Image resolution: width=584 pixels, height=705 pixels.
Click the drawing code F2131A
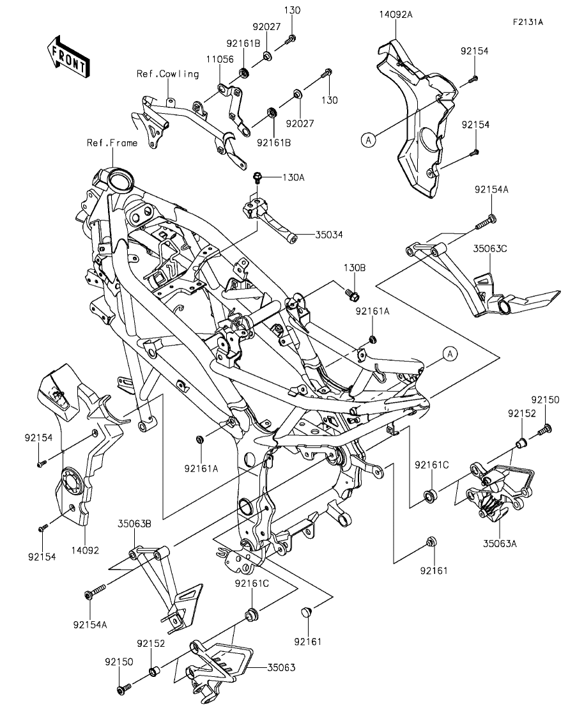pos(527,22)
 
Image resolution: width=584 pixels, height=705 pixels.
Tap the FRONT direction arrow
pos(67,58)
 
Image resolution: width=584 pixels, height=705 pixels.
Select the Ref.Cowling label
pos(167,74)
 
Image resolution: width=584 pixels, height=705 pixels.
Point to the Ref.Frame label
pos(112,143)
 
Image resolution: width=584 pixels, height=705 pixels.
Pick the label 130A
pos(292,178)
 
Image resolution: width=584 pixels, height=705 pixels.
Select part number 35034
pos(328,235)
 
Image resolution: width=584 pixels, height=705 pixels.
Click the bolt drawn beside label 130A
pos(259,176)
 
